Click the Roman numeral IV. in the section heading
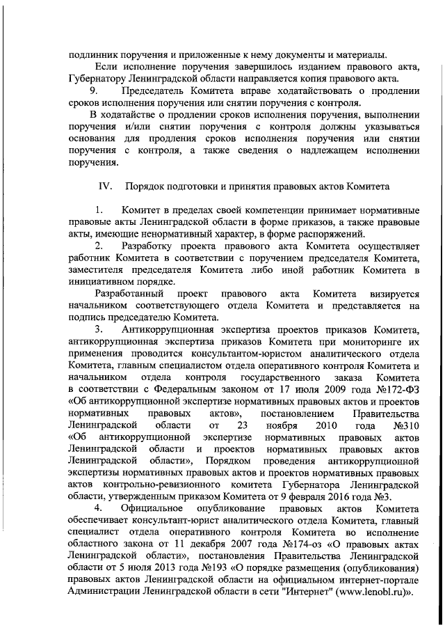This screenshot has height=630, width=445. point(106,186)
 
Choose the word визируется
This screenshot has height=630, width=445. point(389,294)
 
